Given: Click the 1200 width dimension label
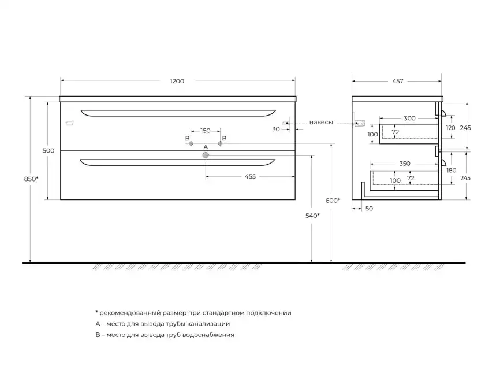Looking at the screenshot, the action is (x=177, y=81).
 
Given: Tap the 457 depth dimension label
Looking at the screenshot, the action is (x=398, y=81).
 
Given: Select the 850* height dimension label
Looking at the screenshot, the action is (x=31, y=179).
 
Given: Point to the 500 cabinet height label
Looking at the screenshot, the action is (x=48, y=151).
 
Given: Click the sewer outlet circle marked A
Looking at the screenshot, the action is (x=206, y=156).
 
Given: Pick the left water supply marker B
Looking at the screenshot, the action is (x=191, y=143).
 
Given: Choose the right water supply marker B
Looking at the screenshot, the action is (x=220, y=143).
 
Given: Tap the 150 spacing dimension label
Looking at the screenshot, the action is (x=206, y=131).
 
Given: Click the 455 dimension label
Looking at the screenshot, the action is (x=250, y=176).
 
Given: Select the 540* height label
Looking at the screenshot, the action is (x=312, y=216).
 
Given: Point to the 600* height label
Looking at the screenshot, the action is (x=333, y=201).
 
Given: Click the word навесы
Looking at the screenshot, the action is (x=321, y=123).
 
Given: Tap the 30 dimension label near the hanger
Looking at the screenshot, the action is (x=276, y=129).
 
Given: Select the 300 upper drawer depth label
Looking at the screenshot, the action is (x=409, y=119).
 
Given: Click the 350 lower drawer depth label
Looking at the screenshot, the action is (x=405, y=164).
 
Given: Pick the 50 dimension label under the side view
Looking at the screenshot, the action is (x=369, y=209).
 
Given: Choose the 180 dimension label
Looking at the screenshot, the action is (x=451, y=171).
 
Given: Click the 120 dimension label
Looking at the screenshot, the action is (x=450, y=128).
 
